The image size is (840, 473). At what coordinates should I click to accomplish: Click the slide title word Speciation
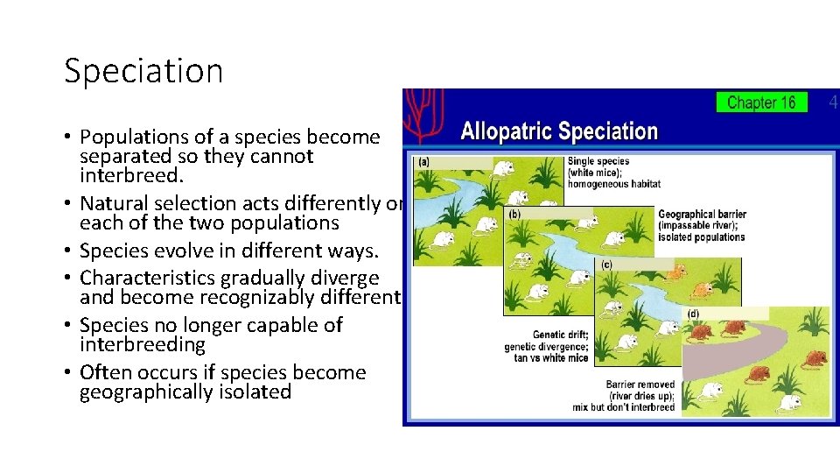tap(143, 71)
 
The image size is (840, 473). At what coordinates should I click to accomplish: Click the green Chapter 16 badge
tap(761, 102)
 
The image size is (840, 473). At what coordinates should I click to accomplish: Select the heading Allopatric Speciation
tap(559, 132)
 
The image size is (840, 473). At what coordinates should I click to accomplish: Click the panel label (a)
tap(423, 162)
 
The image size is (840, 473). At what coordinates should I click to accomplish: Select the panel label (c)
tap(605, 264)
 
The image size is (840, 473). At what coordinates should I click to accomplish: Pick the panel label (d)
tap(693, 314)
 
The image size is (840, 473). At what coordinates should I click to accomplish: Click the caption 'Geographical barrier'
tap(701, 215)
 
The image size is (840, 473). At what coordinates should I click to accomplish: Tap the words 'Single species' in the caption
tap(598, 162)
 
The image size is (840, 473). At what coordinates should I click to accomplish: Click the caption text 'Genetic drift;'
tap(560, 335)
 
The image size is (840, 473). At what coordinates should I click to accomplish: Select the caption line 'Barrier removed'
tap(640, 385)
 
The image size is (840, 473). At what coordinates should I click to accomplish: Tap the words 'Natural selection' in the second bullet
tap(143, 204)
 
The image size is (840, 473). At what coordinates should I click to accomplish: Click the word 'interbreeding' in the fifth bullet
tap(142, 344)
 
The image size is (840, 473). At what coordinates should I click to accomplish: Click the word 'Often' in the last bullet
tap(103, 372)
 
